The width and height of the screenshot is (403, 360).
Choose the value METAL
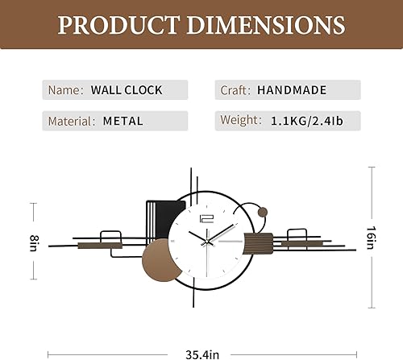tap(123, 122)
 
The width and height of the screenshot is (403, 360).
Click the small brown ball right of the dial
tap(263, 213)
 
